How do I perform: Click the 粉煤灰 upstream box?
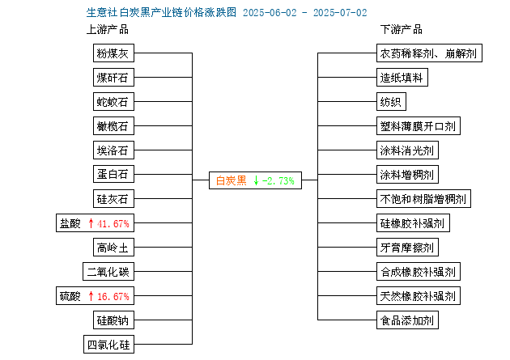(113, 53)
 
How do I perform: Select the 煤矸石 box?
(113, 78)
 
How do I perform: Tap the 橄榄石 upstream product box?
(113, 125)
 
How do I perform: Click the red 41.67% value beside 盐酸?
(113, 223)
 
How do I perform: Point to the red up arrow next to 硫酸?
(91, 296)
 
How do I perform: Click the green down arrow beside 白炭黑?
(257, 180)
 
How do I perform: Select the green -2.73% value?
(278, 180)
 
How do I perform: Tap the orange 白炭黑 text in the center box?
(232, 180)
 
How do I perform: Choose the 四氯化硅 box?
(108, 345)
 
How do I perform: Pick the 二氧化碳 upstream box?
(108, 271)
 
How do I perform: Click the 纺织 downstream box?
(391, 102)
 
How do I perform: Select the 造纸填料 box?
(402, 78)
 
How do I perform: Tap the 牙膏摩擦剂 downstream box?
(407, 248)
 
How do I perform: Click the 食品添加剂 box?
(407, 320)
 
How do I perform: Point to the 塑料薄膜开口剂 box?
(419, 125)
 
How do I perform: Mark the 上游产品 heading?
(108, 30)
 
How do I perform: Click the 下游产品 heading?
(402, 30)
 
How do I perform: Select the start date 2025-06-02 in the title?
(270, 13)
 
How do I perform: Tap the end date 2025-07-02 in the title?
(340, 13)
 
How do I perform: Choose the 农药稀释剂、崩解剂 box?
(429, 53)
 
